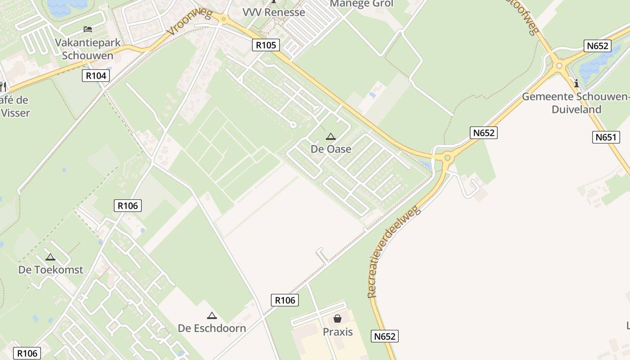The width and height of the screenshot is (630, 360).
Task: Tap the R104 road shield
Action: (x=96, y=76)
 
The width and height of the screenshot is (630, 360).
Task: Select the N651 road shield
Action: (x=605, y=137)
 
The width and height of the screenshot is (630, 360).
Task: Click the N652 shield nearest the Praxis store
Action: (x=385, y=336)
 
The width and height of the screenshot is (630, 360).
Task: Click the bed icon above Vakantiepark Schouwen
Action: (x=88, y=29)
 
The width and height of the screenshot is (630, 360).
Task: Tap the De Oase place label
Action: (x=331, y=149)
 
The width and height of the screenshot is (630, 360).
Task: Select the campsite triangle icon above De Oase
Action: (x=331, y=136)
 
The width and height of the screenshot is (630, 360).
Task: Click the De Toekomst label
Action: (x=50, y=270)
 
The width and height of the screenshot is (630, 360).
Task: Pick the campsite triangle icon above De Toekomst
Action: (x=50, y=257)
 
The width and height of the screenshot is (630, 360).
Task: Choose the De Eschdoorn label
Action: (x=212, y=328)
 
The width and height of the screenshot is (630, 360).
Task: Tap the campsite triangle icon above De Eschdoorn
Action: (x=212, y=315)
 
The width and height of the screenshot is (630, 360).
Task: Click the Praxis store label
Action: (x=337, y=332)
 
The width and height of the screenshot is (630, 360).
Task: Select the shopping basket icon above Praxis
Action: (x=337, y=319)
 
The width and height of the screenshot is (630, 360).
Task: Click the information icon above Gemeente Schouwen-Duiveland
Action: (x=576, y=83)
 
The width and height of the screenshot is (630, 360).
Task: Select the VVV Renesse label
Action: (x=274, y=12)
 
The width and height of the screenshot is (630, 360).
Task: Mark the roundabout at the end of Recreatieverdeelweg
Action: (x=447, y=157)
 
